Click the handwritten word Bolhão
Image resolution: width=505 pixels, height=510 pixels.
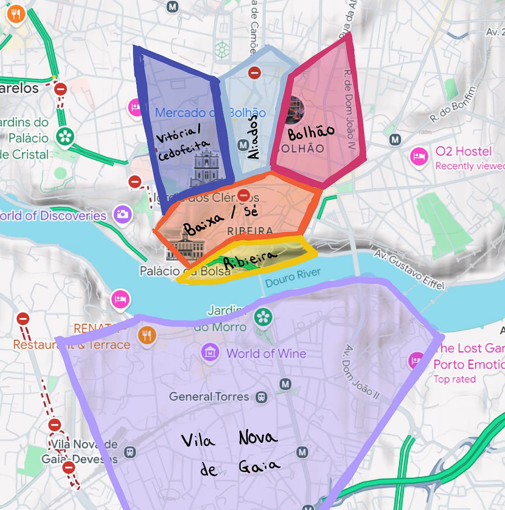tap(311, 132)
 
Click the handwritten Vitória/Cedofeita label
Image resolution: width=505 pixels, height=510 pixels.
tap(183, 143)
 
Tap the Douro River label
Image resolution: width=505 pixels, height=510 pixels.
tap(293, 277)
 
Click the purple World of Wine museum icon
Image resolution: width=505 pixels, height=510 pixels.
tap(210, 353)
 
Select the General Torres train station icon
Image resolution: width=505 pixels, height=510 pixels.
tap(261, 397)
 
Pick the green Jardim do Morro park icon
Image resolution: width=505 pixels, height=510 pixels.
tap(263, 317)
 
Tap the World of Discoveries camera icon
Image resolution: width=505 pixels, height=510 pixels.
tap(123, 214)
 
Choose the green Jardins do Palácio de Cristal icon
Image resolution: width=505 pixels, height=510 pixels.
tap(65, 136)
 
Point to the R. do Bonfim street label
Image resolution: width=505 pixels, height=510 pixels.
tap(453, 105)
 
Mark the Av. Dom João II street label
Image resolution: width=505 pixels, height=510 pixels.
tap(361, 371)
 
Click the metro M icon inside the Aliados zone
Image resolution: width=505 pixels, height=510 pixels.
tap(243, 145)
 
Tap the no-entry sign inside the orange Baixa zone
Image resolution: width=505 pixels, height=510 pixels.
tap(243, 195)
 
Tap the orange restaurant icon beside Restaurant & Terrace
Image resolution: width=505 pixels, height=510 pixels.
tap(147, 336)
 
